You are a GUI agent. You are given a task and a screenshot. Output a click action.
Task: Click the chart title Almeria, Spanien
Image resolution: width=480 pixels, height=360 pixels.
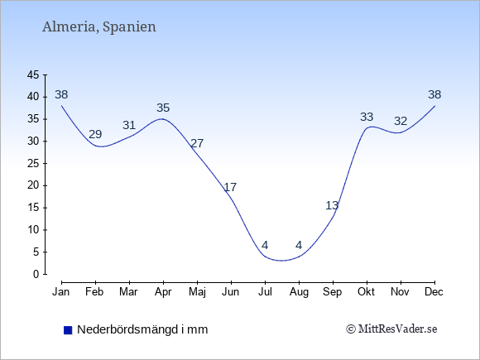click(x=99, y=27)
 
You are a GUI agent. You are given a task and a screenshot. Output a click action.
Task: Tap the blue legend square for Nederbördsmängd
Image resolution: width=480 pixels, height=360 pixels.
click(x=68, y=330)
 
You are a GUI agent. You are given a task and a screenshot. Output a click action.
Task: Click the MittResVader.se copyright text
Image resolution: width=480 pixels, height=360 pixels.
click(x=391, y=329)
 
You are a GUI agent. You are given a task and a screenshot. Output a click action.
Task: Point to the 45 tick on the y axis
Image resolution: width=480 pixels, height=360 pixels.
click(x=33, y=74)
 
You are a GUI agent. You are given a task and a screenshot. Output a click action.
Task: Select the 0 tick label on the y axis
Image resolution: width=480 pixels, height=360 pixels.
click(x=36, y=274)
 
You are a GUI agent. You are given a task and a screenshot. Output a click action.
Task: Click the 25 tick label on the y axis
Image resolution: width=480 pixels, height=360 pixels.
click(x=33, y=164)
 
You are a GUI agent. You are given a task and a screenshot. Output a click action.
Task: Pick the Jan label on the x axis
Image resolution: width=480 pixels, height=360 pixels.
click(x=61, y=292)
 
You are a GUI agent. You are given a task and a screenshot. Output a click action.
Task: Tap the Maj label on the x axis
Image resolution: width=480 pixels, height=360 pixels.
click(x=197, y=292)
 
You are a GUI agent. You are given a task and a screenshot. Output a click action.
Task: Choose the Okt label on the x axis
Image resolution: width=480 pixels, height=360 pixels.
click(x=366, y=292)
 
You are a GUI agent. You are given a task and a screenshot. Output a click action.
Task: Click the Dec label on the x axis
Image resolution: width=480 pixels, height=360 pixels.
click(x=434, y=292)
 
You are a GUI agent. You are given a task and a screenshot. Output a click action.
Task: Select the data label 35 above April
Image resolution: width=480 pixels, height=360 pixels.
click(x=163, y=108)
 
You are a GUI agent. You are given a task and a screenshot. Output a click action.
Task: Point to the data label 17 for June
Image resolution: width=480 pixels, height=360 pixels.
click(x=230, y=187)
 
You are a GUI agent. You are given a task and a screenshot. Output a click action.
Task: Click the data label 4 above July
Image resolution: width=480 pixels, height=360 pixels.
click(x=265, y=245)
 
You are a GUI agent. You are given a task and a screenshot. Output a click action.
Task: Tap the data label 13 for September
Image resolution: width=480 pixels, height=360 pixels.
click(x=332, y=205)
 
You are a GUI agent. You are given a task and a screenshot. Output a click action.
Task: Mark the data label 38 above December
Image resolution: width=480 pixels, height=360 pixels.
click(x=434, y=94)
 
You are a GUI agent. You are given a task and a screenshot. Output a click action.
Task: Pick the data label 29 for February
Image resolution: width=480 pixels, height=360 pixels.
click(x=95, y=134)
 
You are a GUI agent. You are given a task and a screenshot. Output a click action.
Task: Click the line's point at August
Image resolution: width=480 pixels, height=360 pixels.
click(x=299, y=257)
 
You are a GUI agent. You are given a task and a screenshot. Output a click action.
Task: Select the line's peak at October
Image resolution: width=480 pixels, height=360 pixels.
click(x=371, y=127)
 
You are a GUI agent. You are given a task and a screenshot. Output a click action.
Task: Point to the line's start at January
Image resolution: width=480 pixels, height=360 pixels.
click(x=61, y=106)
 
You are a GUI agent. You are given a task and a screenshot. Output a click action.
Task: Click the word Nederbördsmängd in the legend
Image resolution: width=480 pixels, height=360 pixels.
click(x=127, y=329)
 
